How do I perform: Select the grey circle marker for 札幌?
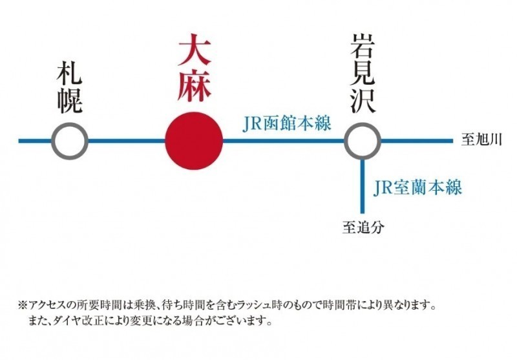[70, 140]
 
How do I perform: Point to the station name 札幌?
[70, 87]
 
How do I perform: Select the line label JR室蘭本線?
[417, 188]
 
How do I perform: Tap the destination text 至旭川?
[480, 140]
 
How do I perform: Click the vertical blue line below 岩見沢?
[362, 187]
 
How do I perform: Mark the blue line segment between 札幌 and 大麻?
[126, 140]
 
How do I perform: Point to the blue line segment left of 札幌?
[35, 140]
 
